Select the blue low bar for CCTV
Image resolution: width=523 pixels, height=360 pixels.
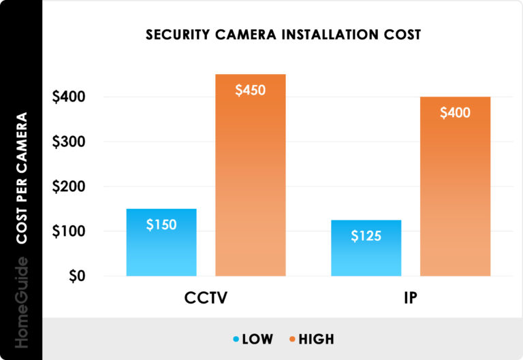click(x=161, y=252)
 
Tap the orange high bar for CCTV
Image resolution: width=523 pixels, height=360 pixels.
click(x=250, y=191)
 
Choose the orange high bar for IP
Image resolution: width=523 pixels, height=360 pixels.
click(x=455, y=197)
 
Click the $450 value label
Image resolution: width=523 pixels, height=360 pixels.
click(x=250, y=90)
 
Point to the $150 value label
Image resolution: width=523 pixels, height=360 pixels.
click(x=161, y=225)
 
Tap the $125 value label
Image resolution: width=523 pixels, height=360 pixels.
click(x=366, y=236)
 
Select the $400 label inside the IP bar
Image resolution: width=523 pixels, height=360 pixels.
click(x=455, y=113)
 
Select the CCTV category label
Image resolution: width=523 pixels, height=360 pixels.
click(x=206, y=301)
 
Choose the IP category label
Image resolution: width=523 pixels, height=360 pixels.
click(x=410, y=301)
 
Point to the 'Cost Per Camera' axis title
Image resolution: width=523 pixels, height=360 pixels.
click(x=22, y=178)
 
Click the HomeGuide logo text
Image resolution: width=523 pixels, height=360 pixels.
click(x=22, y=302)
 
